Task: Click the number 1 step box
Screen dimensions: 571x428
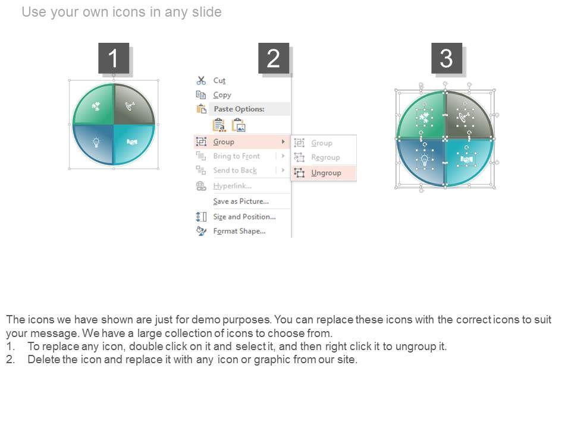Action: point(114,58)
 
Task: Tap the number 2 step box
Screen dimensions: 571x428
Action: point(274,58)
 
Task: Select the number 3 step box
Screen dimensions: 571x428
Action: point(447,58)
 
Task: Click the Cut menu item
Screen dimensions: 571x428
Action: point(219,80)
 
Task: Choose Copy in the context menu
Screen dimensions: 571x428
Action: point(222,95)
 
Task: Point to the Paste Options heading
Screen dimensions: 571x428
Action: point(239,109)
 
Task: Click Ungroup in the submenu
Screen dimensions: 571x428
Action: point(326,173)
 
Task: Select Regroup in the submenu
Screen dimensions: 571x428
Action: point(325,157)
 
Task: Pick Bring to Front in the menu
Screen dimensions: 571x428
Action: point(237,156)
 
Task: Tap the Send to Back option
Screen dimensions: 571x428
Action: point(235,171)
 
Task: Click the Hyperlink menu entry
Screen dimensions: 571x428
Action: point(233,186)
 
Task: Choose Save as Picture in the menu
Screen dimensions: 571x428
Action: point(241,202)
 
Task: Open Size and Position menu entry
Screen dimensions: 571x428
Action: point(244,217)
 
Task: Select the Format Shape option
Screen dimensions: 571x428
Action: point(239,231)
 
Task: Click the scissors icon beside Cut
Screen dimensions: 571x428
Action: point(201,80)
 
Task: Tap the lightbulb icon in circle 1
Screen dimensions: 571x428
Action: point(96,142)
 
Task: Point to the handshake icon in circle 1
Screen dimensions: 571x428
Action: point(132,141)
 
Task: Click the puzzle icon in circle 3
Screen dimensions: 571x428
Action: point(424,118)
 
